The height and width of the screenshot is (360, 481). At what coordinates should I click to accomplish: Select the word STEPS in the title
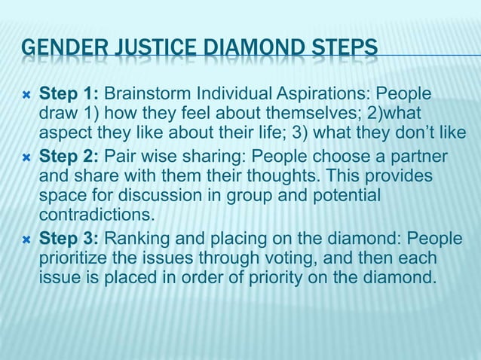click(343, 52)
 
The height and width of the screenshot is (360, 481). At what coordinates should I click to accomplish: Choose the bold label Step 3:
click(69, 239)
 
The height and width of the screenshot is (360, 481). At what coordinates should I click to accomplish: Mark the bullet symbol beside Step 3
click(27, 239)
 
